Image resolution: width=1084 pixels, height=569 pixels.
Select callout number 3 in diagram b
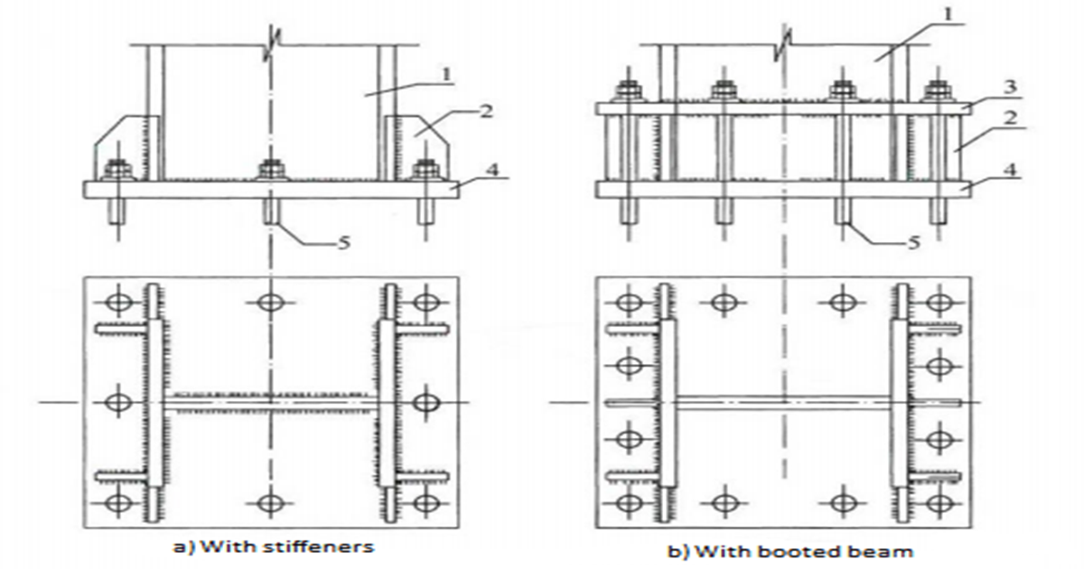(1010, 87)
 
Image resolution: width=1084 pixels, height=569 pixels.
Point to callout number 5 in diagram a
(343, 242)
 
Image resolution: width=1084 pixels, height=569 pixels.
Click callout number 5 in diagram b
(913, 242)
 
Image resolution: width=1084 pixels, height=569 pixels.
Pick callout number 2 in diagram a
(486, 111)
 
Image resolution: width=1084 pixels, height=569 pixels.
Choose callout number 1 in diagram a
(445, 74)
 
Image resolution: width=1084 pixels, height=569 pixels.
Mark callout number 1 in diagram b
(948, 14)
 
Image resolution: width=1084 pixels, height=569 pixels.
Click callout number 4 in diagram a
(492, 170)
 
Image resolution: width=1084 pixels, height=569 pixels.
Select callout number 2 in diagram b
(1010, 117)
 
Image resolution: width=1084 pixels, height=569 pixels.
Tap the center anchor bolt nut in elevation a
(272, 170)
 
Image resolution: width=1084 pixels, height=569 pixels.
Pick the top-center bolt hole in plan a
(270, 303)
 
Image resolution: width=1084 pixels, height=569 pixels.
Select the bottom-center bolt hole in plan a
(270, 503)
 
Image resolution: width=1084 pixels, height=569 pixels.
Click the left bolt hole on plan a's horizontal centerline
(118, 402)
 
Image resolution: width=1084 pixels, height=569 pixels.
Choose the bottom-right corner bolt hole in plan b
(939, 504)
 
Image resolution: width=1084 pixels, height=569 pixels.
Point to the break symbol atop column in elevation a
(272, 45)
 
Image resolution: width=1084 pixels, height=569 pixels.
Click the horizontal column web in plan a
(270, 402)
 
